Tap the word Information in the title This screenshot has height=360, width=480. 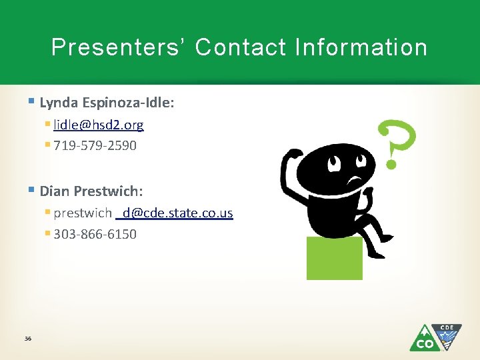tap(361, 47)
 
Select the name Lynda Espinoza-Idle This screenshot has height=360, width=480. tap(107, 103)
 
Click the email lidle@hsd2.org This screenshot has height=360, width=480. tap(98, 125)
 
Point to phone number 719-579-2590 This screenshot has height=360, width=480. tap(95, 145)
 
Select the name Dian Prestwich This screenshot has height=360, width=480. tap(91, 191)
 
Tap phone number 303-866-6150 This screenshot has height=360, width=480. tap(95, 234)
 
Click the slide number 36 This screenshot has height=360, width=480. tap(28, 339)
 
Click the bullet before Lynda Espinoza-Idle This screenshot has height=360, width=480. tap(33, 103)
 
